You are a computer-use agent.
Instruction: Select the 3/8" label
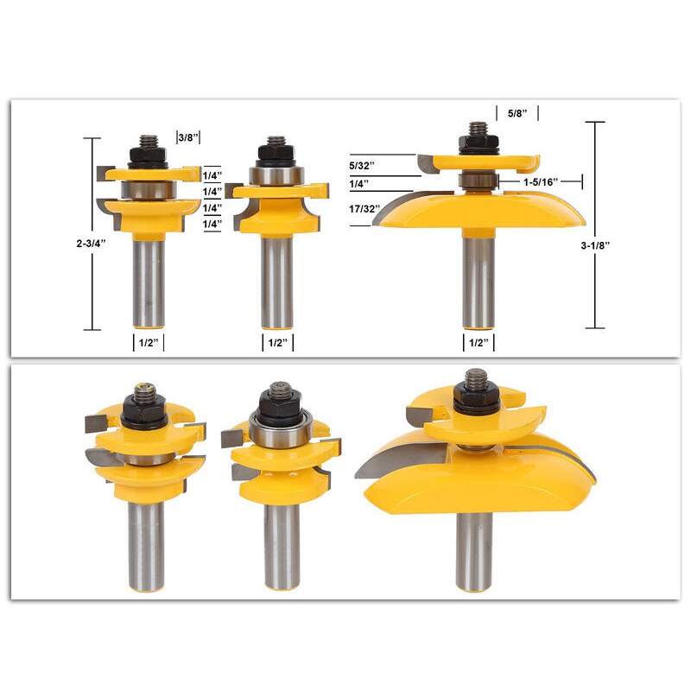point(188,136)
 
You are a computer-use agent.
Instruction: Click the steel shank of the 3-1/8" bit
point(478,276)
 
